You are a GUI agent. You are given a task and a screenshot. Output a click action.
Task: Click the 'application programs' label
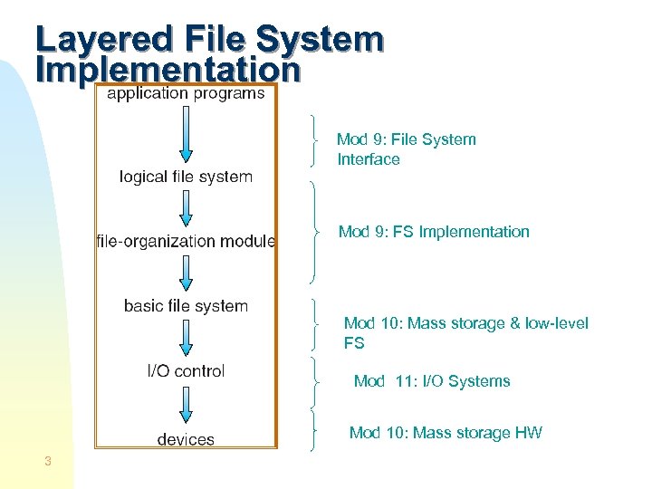coord(186,92)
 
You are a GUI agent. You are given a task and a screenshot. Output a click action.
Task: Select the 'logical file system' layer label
coord(186,177)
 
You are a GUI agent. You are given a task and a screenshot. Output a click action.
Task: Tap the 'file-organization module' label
coord(186,241)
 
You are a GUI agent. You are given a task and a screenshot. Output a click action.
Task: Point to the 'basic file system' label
coord(186,306)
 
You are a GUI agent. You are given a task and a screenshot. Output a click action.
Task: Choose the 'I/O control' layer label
coord(186,370)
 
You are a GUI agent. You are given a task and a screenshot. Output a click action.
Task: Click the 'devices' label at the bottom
coord(186,439)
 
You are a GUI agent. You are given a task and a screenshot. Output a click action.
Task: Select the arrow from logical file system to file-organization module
coord(186,208)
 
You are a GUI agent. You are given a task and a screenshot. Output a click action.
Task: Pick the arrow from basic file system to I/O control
coord(186,338)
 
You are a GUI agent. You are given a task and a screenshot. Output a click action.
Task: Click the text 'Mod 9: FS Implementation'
coord(434,232)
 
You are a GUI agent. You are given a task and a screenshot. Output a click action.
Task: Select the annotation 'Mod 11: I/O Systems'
coord(432,381)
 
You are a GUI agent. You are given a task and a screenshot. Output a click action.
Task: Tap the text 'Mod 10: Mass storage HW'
coord(446,433)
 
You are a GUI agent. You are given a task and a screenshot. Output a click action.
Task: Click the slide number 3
coord(47,463)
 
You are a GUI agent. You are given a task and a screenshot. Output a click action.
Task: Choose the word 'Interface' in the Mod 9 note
coord(369,159)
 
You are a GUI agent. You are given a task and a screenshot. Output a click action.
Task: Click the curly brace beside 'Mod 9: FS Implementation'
coord(314,232)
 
